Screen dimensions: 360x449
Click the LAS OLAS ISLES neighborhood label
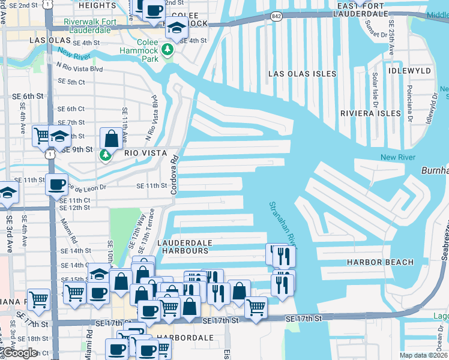point(302,74)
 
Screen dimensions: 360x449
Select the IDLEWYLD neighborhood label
point(409,71)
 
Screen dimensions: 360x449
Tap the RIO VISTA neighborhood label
point(145,154)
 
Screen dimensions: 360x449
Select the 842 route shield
point(276,16)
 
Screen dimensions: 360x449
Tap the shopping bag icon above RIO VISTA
point(111,139)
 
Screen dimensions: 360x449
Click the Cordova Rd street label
point(175,175)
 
